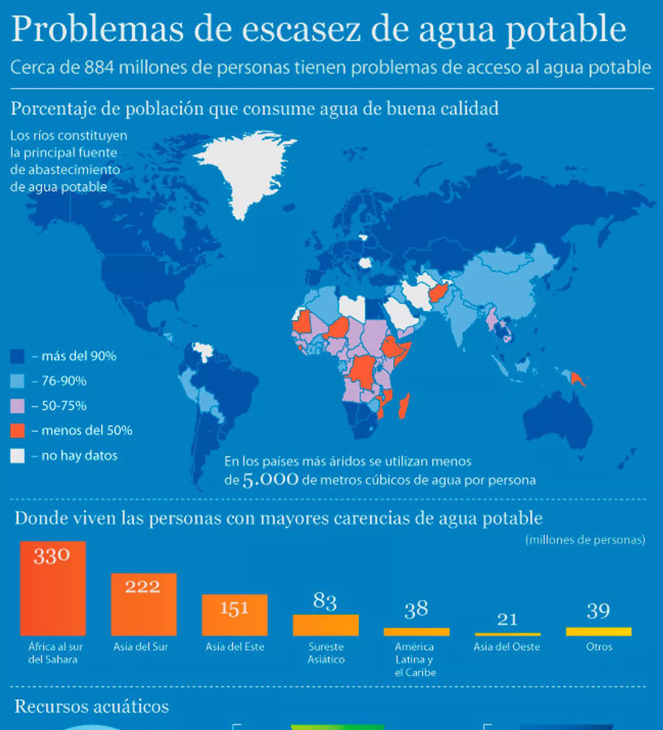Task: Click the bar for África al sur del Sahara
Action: [x=53, y=588]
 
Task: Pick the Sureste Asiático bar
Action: [x=326, y=625]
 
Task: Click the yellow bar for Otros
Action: [x=599, y=631]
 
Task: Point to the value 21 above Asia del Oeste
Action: [x=507, y=620]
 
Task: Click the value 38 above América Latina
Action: [x=416, y=609]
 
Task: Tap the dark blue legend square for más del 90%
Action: [x=17, y=356]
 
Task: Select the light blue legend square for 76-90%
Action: [x=17, y=381]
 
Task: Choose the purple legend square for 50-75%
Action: [x=17, y=406]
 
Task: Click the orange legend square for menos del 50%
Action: [x=17, y=431]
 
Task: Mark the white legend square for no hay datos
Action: [x=17, y=456]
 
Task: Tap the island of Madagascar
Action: [x=404, y=406]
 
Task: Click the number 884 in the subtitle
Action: [x=99, y=67]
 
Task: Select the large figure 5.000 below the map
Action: [x=271, y=480]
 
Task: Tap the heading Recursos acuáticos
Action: [x=92, y=706]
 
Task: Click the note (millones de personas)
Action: [x=585, y=540]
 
